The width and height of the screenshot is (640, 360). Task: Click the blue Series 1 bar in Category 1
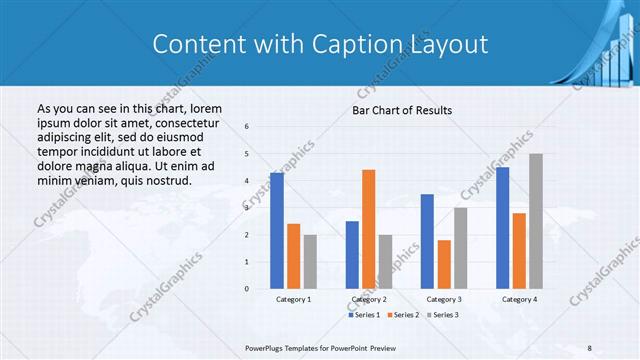(277, 231)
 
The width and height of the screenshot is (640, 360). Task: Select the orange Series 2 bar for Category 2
(369, 229)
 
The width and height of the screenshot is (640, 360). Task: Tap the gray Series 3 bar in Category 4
(536, 221)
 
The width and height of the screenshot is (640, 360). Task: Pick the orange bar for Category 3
(444, 264)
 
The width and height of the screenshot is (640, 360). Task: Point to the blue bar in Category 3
(427, 241)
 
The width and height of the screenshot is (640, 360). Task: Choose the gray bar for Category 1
(310, 262)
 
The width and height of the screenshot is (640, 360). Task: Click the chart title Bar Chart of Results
(401, 110)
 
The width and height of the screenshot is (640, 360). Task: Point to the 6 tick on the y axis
(247, 126)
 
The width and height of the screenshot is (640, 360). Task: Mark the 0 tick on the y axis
(247, 289)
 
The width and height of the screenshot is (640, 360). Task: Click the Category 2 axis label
(369, 299)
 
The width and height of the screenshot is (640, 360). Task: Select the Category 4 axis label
(519, 299)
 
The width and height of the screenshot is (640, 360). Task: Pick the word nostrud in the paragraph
(166, 180)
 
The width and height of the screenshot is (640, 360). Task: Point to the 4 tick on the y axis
(247, 180)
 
